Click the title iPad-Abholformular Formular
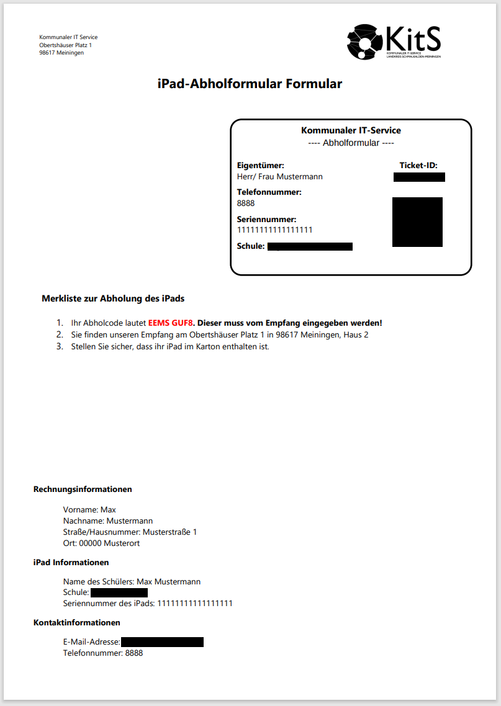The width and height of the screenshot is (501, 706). click(x=250, y=84)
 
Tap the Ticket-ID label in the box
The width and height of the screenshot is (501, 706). click(x=418, y=166)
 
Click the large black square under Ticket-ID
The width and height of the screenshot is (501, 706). click(x=417, y=222)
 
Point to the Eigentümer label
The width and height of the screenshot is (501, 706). click(x=261, y=166)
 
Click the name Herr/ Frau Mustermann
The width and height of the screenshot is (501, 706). click(x=280, y=177)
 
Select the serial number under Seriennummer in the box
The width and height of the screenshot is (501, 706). click(x=274, y=230)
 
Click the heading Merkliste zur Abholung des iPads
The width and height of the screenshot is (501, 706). click(x=113, y=298)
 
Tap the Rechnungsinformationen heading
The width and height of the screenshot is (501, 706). click(x=83, y=489)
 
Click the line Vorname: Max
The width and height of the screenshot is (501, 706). click(x=89, y=510)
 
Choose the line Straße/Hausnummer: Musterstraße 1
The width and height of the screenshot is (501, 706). click(x=130, y=532)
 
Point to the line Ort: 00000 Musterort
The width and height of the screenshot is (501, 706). click(x=101, y=543)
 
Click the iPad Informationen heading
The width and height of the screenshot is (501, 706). click(x=71, y=563)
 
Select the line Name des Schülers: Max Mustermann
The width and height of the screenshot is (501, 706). click(x=132, y=582)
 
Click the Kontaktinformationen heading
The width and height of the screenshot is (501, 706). click(x=76, y=622)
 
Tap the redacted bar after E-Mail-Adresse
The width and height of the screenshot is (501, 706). click(x=162, y=642)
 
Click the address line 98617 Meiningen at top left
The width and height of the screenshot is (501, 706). click(x=61, y=53)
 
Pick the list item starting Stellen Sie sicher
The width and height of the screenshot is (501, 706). click(x=169, y=346)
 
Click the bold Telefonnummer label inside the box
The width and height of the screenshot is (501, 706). click(x=269, y=192)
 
